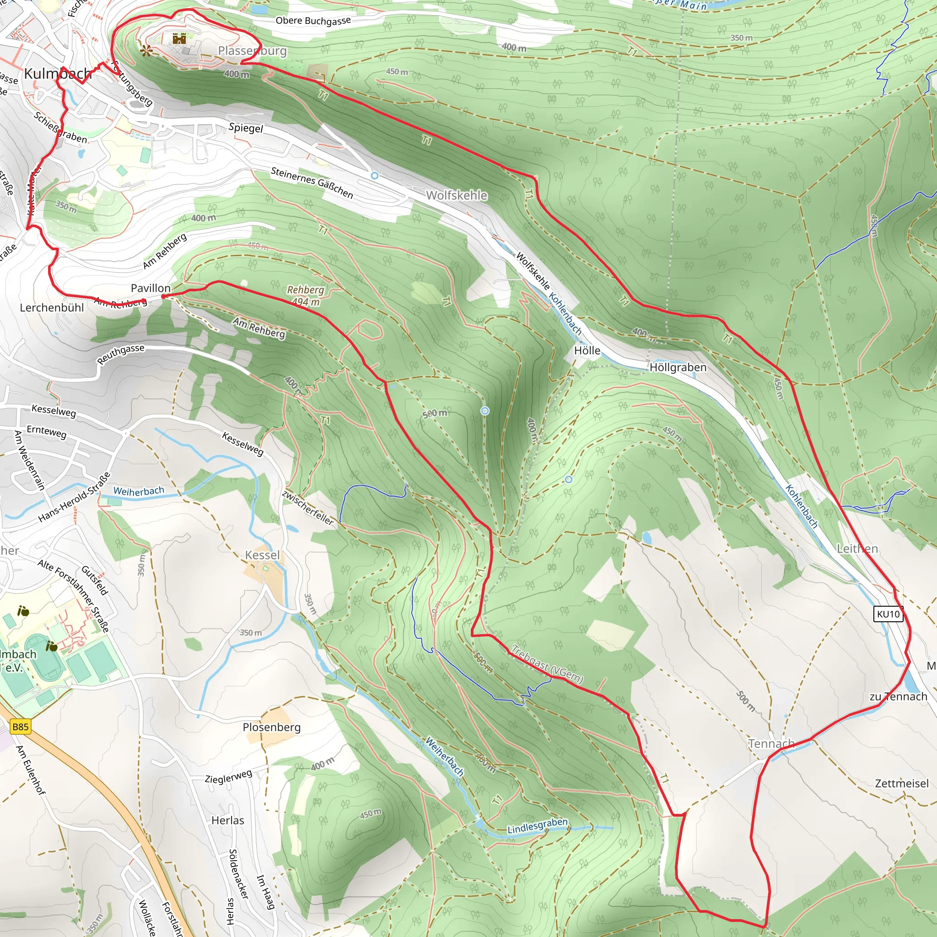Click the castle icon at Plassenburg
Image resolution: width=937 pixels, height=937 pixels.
click(179, 38)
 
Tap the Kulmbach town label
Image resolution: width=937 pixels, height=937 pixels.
click(57, 74)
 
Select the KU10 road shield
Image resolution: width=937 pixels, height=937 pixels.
click(889, 614)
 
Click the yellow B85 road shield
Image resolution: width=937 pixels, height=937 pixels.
click(21, 727)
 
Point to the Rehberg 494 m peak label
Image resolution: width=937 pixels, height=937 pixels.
click(306, 296)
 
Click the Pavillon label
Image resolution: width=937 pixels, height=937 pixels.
click(151, 288)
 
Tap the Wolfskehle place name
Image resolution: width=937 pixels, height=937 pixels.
click(457, 195)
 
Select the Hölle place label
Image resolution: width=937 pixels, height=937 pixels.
click(587, 350)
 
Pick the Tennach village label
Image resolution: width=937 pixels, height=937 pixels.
click(770, 743)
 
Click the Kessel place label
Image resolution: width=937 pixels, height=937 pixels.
click(262, 555)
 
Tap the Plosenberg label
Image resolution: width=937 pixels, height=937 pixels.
click(272, 727)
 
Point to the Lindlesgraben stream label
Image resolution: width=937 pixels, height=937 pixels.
click(538, 826)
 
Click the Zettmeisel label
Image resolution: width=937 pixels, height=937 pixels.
click(902, 783)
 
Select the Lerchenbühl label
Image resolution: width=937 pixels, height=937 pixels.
click(52, 307)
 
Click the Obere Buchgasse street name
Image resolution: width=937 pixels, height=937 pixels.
click(313, 21)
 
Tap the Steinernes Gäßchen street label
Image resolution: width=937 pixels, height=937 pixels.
click(312, 183)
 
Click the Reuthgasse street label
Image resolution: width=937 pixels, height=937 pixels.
click(121, 354)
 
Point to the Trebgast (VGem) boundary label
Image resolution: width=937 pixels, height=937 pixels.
click(548, 665)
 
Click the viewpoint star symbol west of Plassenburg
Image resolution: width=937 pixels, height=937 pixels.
click(145, 50)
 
